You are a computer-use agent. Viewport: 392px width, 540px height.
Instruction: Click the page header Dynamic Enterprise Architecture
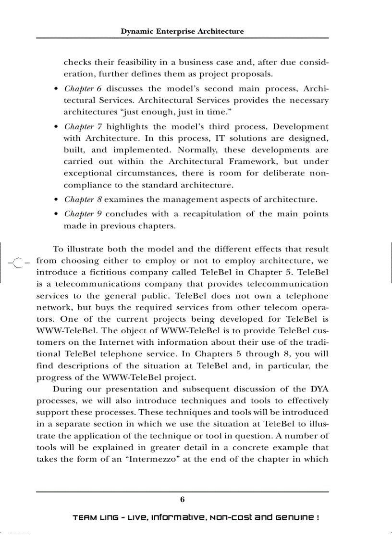182,31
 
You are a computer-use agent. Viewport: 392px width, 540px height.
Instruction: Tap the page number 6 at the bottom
182,499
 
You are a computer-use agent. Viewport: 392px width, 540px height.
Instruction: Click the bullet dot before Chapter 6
57,89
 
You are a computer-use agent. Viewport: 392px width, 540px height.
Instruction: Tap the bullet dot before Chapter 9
57,214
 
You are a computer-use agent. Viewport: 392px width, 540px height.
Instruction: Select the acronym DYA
318,389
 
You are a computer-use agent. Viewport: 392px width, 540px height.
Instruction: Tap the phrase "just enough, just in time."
180,113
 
